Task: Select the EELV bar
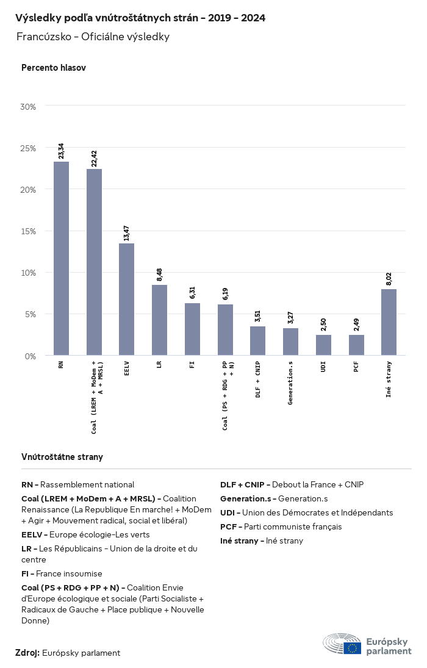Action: [x=126, y=299]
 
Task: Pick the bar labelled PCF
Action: [x=356, y=345]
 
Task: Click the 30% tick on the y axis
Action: [x=29, y=106]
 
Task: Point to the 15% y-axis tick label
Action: [x=29, y=231]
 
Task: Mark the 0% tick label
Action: [x=30, y=356]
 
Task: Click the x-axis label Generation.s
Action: [x=290, y=382]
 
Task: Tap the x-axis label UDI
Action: [x=323, y=368]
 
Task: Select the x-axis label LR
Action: [x=159, y=366]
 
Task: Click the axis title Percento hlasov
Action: [x=54, y=68]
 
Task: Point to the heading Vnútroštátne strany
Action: [x=62, y=456]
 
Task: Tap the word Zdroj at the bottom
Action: [x=27, y=653]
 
